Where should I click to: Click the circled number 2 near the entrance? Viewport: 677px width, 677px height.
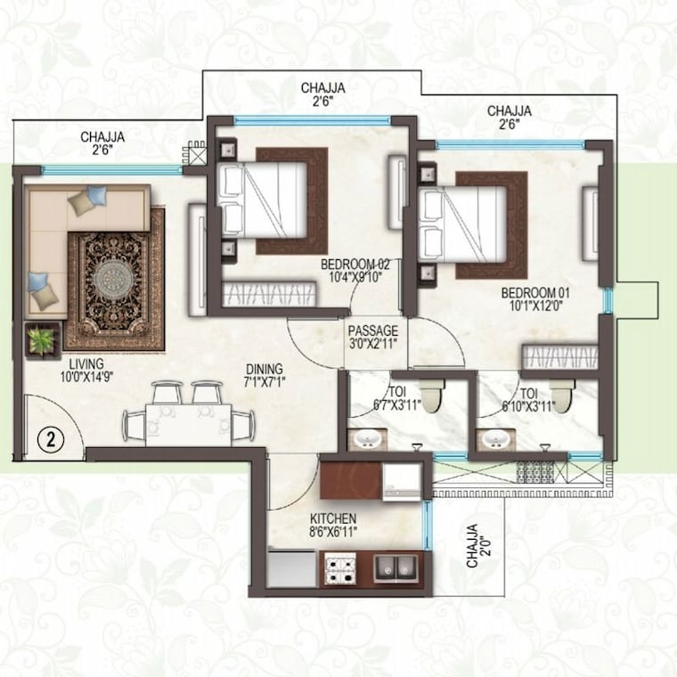(52, 438)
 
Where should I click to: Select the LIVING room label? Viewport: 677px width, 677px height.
(85, 363)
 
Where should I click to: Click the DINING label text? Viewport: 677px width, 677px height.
(265, 368)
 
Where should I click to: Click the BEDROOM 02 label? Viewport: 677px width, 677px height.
(358, 264)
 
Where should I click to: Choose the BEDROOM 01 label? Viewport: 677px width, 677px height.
(535, 292)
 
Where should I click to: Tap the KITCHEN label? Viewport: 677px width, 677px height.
(333, 518)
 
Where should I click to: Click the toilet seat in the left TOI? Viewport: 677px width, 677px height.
(431, 396)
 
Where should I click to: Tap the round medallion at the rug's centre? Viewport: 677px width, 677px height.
(113, 278)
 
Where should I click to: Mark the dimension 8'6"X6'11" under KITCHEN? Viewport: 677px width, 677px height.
(333, 534)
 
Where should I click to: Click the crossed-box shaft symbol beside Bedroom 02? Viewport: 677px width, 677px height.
(197, 154)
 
